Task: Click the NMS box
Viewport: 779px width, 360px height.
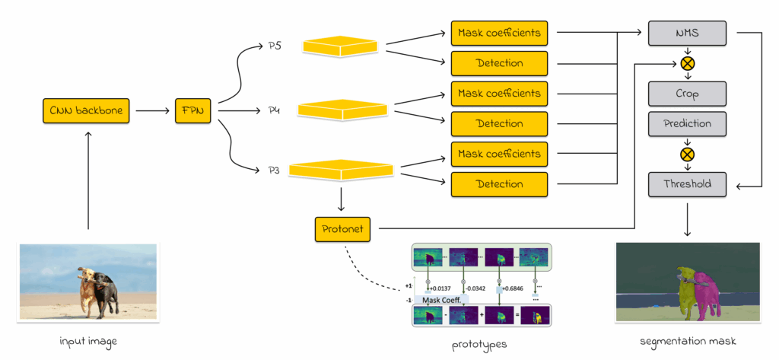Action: pos(687,33)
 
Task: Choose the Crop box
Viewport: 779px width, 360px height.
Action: pos(687,94)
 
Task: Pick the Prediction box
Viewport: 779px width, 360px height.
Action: pos(687,123)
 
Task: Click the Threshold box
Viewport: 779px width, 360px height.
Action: pos(687,183)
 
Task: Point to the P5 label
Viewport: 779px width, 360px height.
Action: pos(275,46)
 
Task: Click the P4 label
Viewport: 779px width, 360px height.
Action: pos(275,111)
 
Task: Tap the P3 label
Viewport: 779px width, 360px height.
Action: pos(275,170)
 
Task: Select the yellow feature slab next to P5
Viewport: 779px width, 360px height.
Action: pos(340,46)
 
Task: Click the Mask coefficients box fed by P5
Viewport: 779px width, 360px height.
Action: pos(499,33)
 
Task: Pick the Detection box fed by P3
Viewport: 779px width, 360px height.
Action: pos(499,183)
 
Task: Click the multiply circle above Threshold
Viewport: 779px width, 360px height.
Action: pos(687,154)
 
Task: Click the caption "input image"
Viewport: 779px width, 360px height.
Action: pos(88,342)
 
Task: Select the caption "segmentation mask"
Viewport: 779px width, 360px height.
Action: pos(687,342)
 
